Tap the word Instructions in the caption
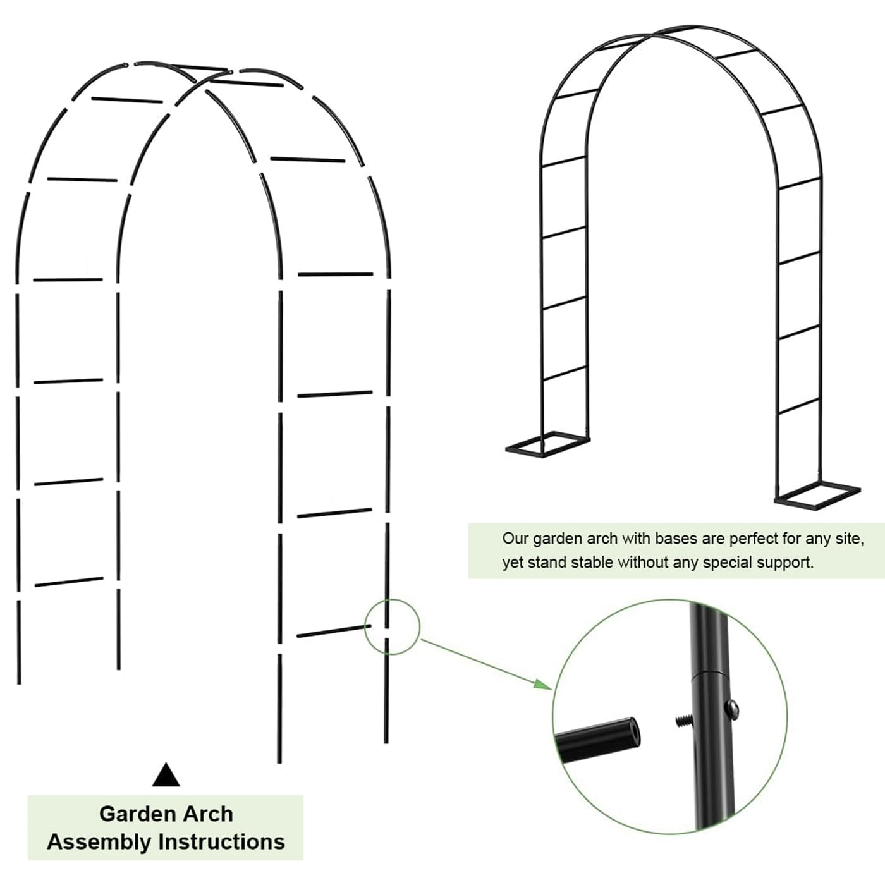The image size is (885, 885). tap(222, 842)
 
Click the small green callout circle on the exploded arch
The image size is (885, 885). tap(392, 626)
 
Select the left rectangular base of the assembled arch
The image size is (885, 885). tap(547, 442)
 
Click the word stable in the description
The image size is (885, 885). tap(592, 562)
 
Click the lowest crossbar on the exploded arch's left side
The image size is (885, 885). tap(69, 582)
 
